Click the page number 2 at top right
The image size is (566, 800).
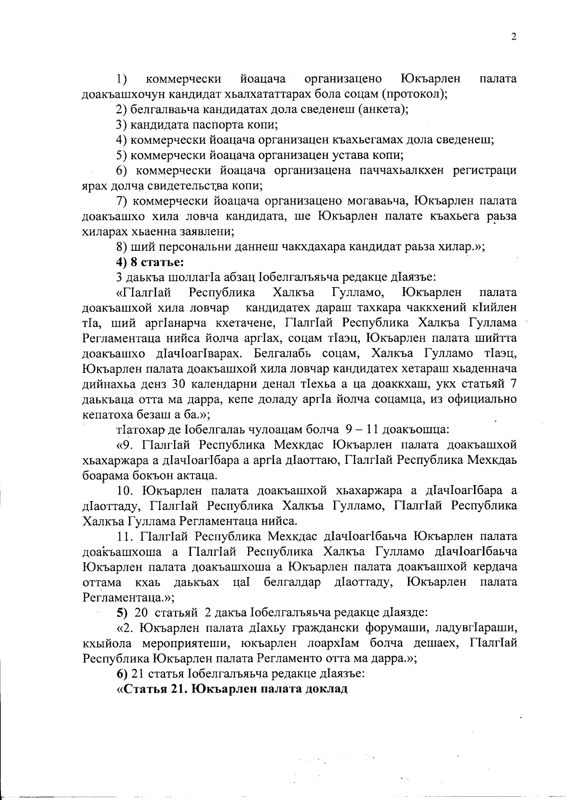514,37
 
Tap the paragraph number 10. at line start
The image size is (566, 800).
126,490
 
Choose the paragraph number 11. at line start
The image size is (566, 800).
126,536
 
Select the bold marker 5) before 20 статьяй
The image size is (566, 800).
122,612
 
